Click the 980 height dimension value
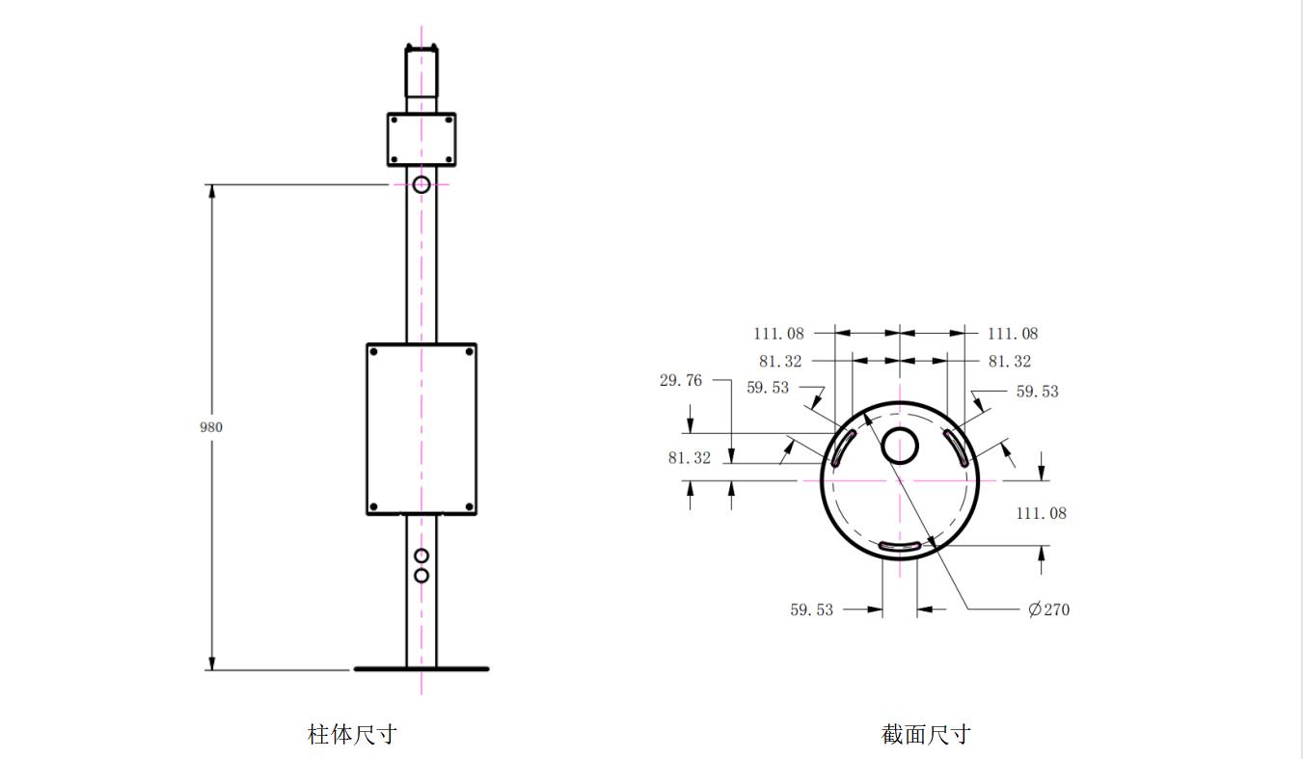[210, 427]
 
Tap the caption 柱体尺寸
[352, 734]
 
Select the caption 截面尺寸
[926, 734]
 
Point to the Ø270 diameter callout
[1048, 610]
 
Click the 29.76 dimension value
[681, 380]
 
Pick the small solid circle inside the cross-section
[900, 446]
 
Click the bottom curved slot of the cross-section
[900, 547]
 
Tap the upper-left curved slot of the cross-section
[843, 447]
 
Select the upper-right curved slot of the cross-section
[957, 447]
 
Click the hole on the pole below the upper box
[421, 185]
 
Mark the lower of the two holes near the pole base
[421, 576]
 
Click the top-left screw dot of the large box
[373, 352]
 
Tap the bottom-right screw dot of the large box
[470, 506]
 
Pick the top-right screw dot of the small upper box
[448, 121]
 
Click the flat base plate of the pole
[421, 669]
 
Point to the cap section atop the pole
[421, 70]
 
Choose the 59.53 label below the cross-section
[811, 610]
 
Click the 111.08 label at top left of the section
[779, 334]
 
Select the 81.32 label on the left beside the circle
[690, 458]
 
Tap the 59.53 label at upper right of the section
[1037, 392]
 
